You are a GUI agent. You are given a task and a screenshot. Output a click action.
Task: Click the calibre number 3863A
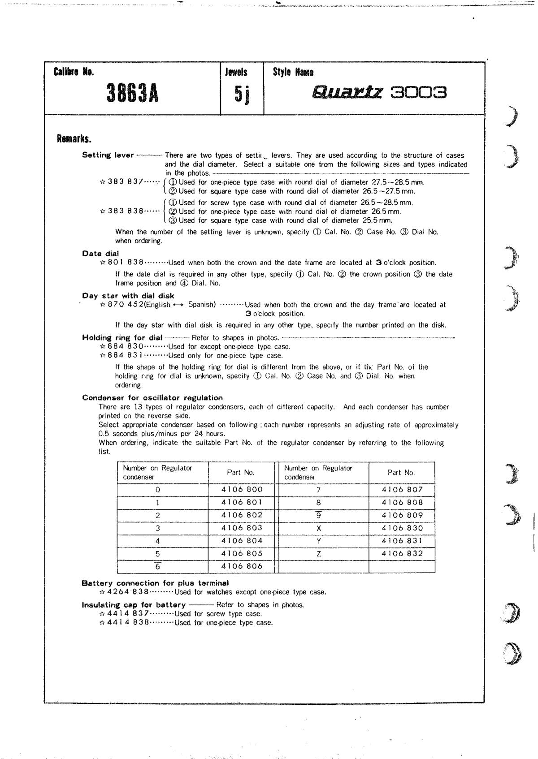pos(132,94)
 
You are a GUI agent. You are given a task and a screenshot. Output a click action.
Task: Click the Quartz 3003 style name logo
pos(379,93)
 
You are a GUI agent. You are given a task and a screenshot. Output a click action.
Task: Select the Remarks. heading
pos(74,138)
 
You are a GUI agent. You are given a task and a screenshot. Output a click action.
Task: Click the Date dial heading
pos(100,254)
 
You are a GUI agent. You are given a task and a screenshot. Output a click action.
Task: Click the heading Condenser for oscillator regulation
pos(152,398)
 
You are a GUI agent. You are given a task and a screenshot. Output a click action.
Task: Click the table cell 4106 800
pos(242,490)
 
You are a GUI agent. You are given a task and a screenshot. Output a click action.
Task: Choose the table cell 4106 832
pos(402,554)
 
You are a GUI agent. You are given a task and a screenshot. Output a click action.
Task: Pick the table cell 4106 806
pos(242,566)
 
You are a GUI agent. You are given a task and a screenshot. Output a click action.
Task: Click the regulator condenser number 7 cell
pos(319,490)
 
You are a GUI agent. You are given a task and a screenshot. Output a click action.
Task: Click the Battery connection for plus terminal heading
pos(155,583)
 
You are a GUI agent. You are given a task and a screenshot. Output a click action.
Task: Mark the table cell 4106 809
pos(402,516)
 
